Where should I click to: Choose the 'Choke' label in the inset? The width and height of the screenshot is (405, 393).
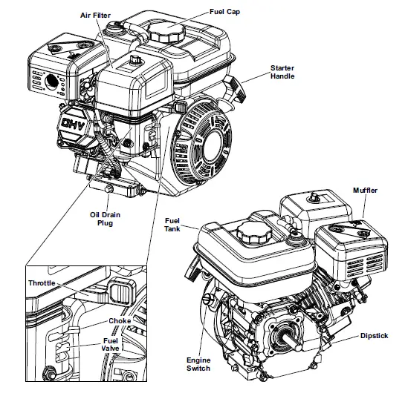coord(119,322)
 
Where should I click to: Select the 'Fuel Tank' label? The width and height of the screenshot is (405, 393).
coord(172,223)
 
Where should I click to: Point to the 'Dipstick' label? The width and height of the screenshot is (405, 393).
coord(373,336)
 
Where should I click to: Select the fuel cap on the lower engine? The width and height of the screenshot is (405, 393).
coord(251,234)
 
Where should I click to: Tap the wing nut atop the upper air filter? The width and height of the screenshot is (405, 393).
coord(136,59)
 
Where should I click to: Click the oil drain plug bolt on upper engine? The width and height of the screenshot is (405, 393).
coord(109,191)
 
